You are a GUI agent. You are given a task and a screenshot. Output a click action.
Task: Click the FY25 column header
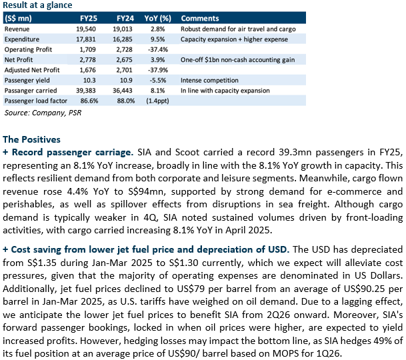(89, 19)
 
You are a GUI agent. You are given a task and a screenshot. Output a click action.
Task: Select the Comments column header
(200, 19)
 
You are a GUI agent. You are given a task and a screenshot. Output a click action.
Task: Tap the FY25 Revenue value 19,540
(86, 29)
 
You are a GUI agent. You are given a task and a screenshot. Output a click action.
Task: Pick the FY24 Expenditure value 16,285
(123, 39)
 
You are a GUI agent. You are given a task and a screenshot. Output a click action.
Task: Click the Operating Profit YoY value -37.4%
(158, 49)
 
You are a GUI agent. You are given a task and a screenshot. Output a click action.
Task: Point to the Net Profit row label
(19, 60)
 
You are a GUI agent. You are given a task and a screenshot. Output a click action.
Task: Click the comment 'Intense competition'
(209, 80)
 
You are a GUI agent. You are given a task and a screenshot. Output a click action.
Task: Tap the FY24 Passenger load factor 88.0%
(126, 101)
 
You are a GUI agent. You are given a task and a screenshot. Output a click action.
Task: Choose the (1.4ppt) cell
(158, 101)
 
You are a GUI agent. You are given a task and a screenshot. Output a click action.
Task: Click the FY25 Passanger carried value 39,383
(86, 91)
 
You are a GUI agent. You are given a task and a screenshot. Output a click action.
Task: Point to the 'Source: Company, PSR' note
(43, 113)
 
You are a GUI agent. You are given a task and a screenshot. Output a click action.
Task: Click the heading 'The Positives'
(31, 139)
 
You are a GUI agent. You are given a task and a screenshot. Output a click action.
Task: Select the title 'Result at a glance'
(37, 5)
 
